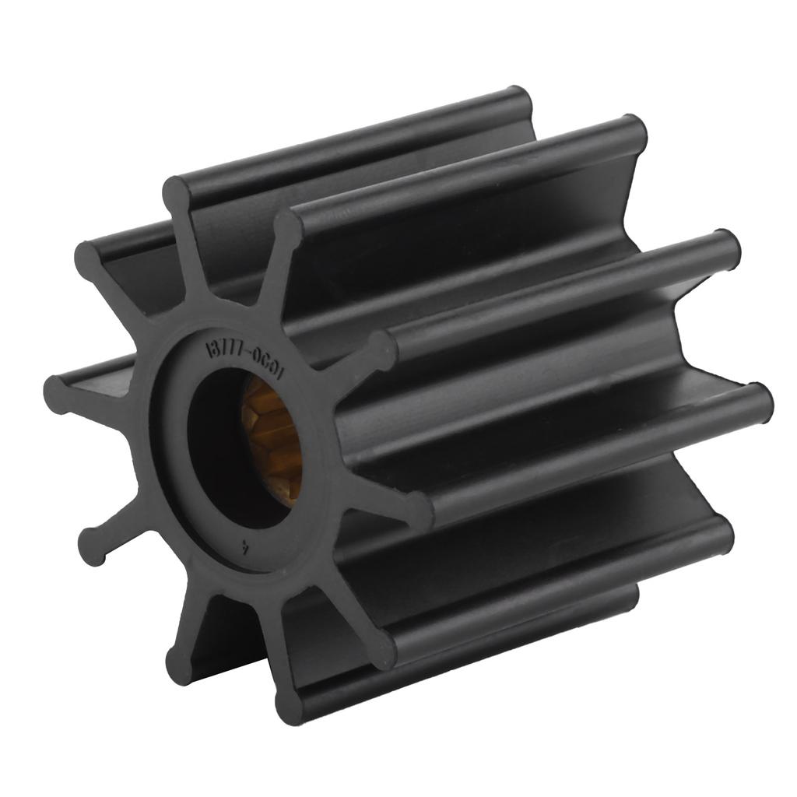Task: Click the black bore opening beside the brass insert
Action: (222, 451)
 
